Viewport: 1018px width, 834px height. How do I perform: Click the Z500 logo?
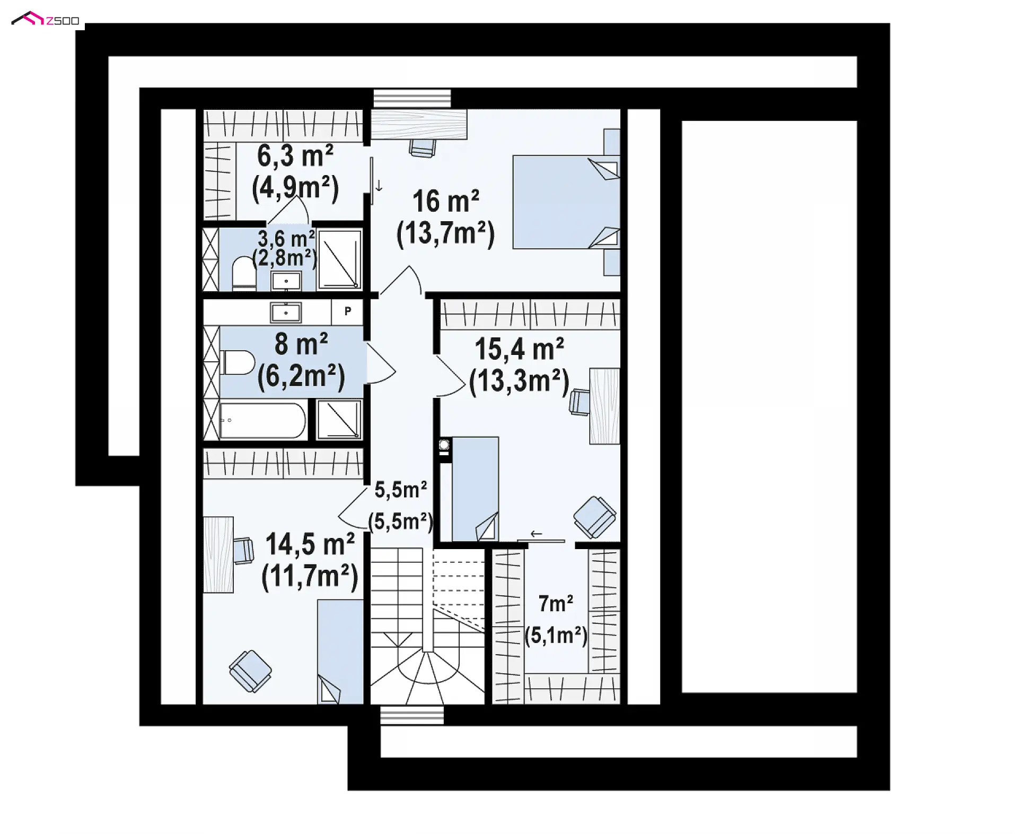pyautogui.click(x=45, y=20)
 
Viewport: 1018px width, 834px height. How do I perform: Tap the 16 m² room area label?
pyautogui.click(x=446, y=202)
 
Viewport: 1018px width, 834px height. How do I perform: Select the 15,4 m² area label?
pyautogui.click(x=519, y=349)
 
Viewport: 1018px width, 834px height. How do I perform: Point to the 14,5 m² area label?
pyautogui.click(x=310, y=544)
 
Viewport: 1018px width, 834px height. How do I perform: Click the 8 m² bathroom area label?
pyautogui.click(x=301, y=344)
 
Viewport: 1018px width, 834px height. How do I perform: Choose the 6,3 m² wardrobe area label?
pyautogui.click(x=295, y=156)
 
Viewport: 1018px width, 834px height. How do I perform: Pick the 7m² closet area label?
pyautogui.click(x=556, y=603)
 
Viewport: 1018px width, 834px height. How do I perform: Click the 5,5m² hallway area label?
pyautogui.click(x=401, y=490)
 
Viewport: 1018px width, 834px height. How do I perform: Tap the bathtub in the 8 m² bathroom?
pyautogui.click(x=263, y=421)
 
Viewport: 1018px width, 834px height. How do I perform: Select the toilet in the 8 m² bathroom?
pyautogui.click(x=238, y=362)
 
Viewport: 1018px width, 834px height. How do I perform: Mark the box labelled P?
pyautogui.click(x=347, y=311)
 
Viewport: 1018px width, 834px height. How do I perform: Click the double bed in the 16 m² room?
pyautogui.click(x=566, y=202)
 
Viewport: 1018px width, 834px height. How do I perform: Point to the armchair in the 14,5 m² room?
pyautogui.click(x=251, y=671)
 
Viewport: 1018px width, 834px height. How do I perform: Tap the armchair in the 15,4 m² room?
pyautogui.click(x=594, y=517)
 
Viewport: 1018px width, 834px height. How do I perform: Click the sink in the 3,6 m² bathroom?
pyautogui.click(x=286, y=281)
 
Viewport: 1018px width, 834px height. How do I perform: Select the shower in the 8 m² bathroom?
pyautogui.click(x=339, y=419)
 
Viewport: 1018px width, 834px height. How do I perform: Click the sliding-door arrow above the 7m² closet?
pyautogui.click(x=536, y=534)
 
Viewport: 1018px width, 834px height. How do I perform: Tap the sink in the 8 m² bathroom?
pyautogui.click(x=286, y=313)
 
